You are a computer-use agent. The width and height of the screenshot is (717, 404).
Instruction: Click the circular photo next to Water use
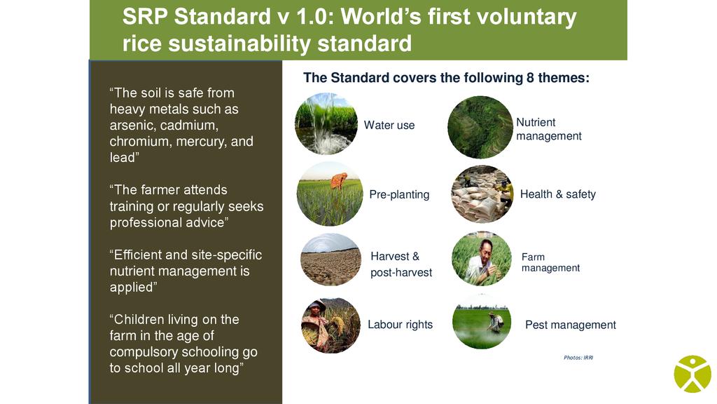tap(326, 123)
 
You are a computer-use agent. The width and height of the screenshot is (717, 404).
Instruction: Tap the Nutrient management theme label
tap(549, 129)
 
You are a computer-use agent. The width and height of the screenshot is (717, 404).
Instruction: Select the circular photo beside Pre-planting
tap(330, 194)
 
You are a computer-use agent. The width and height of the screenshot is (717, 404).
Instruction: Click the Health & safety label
tap(558, 194)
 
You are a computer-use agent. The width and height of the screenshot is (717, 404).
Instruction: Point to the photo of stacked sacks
tap(482, 194)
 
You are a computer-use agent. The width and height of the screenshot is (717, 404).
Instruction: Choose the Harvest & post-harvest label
tap(401, 264)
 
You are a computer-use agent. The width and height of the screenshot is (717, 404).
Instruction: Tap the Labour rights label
tap(400, 324)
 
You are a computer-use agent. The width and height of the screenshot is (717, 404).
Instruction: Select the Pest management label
tap(570, 325)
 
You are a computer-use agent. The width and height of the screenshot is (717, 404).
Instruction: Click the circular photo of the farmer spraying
tap(482, 322)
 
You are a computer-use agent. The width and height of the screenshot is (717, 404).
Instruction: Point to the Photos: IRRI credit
tap(578, 358)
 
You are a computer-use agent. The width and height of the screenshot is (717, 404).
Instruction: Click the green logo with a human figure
tap(692, 375)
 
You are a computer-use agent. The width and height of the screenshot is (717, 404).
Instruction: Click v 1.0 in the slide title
tap(305, 17)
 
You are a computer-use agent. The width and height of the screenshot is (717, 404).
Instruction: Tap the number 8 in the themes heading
tap(530, 78)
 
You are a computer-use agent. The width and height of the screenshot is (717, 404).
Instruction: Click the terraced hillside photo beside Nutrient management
tap(480, 128)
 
